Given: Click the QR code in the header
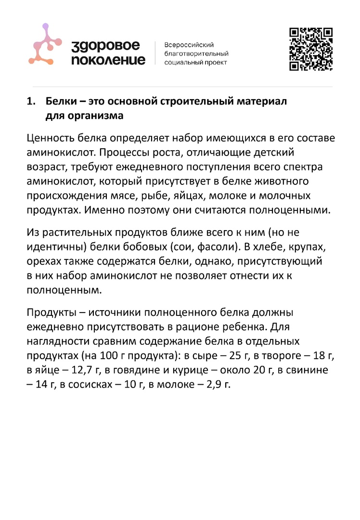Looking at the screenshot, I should (311, 49).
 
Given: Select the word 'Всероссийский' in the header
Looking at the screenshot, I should (189, 44).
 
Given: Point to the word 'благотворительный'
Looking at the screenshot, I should (196, 53).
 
